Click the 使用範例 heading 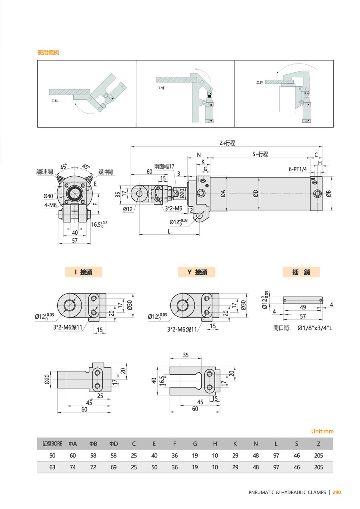point(48,52)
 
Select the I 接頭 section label point(84,272)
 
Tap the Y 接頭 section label point(197,272)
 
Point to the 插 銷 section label point(301,272)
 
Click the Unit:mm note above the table point(322,431)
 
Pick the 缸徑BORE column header point(52,444)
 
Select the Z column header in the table point(318,444)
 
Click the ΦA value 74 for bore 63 point(72,467)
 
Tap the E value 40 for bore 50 point(154,455)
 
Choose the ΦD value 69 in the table point(113,467)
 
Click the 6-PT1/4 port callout point(298,169)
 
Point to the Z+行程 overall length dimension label point(227,143)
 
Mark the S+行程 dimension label point(260,154)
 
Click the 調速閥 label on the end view point(44,172)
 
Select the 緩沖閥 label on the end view point(106,172)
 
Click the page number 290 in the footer point(337,492)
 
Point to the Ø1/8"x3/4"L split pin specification point(315,328)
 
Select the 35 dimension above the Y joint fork point(186,355)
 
